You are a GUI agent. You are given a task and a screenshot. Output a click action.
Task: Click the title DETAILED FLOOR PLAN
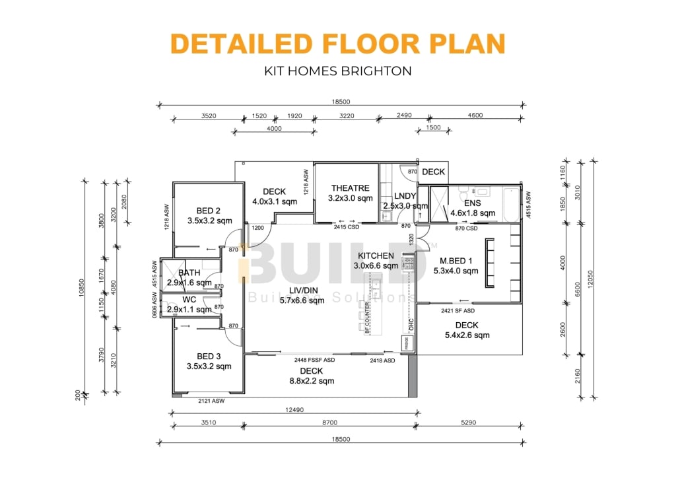click(337, 43)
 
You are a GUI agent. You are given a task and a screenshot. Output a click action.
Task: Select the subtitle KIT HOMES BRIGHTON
click(337, 71)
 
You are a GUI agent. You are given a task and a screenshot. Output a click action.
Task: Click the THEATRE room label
click(350, 188)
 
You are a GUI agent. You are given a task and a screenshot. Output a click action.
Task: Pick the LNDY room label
click(405, 196)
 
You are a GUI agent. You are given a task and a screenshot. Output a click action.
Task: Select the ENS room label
click(472, 203)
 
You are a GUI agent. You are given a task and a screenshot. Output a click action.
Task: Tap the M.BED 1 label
click(453, 260)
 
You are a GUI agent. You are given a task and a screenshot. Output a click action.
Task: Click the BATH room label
click(189, 273)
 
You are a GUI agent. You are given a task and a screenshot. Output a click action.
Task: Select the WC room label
click(175, 299)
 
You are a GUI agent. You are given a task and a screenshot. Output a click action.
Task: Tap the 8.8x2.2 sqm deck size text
click(311, 381)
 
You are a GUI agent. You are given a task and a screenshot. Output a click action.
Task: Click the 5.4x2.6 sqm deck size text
click(466, 335)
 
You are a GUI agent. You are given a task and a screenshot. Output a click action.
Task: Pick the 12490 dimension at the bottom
click(294, 410)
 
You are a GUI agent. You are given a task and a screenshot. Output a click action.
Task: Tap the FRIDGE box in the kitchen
click(407, 343)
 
